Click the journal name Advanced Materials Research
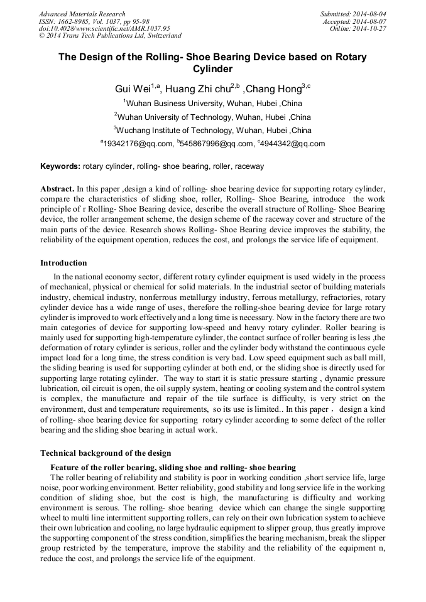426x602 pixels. click(82, 14)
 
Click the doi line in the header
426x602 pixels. click(104, 28)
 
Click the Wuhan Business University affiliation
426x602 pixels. click(214, 104)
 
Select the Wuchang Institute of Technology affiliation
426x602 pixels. click(214, 131)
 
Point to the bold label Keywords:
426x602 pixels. click(60, 166)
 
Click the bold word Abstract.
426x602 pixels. click(57, 188)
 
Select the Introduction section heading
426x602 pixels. click(63, 263)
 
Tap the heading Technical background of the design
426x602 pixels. click(106, 453)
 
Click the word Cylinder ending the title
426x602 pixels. click(212, 69)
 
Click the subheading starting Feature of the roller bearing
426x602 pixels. click(173, 467)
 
